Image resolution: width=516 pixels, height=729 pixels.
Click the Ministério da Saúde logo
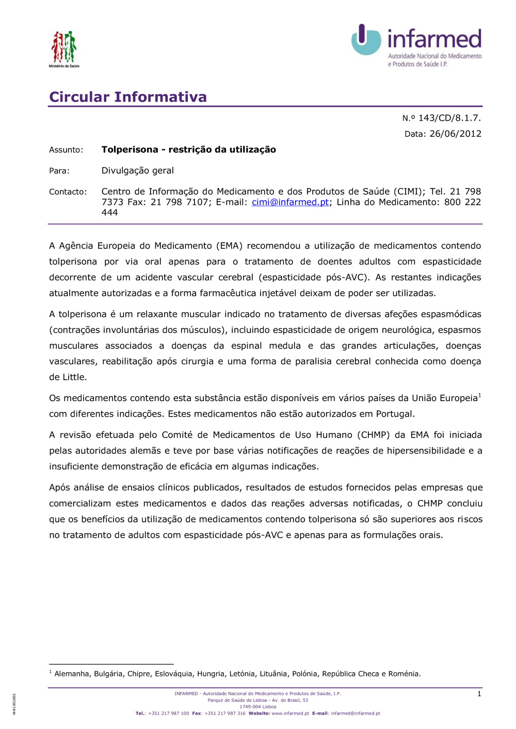point(64,48)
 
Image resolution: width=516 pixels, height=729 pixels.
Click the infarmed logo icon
point(366,40)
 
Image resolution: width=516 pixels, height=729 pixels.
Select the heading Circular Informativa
point(128,97)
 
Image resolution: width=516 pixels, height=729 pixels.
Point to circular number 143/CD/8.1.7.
point(449,118)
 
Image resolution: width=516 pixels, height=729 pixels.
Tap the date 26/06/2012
point(455,134)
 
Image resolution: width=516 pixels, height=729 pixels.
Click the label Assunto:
point(66,150)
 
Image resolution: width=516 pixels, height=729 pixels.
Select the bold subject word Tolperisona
point(130,150)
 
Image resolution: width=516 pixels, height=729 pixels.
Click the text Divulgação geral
point(137,171)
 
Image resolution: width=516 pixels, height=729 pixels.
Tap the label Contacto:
point(68,192)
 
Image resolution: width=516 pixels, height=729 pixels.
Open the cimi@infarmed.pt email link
point(290,202)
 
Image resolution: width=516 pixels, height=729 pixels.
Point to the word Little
point(75,377)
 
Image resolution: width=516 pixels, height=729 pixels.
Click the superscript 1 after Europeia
point(479,395)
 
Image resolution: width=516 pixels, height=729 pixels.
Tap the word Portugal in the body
point(394,414)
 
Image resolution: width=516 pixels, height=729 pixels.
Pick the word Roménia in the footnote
point(404,674)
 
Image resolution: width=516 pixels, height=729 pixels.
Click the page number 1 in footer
point(479,694)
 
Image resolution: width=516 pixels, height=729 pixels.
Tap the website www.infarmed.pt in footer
point(290,714)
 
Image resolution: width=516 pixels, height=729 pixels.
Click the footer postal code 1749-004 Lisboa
point(257,707)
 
